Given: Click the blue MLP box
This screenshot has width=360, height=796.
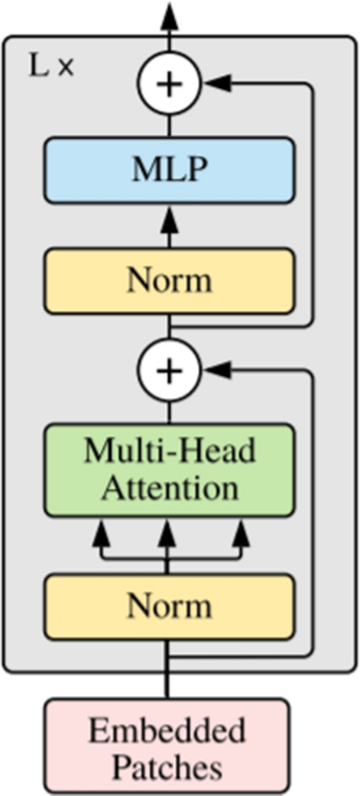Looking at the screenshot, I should pyautogui.click(x=168, y=170).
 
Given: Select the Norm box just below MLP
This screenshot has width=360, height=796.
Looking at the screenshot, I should pyautogui.click(x=168, y=280).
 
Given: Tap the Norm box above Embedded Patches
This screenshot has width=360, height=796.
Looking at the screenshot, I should pyautogui.click(x=168, y=607).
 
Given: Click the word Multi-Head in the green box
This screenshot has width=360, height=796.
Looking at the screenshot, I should pyautogui.click(x=168, y=451).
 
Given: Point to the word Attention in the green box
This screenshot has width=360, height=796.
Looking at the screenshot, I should pyautogui.click(x=168, y=486).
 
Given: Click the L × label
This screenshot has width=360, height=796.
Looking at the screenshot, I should pyautogui.click(x=51, y=66).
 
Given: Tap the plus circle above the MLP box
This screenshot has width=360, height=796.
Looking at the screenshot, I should pyautogui.click(x=168, y=83).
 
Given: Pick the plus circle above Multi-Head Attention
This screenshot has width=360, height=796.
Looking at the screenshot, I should pyautogui.click(x=168, y=370).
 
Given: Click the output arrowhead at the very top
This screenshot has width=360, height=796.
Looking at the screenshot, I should pyautogui.click(x=168, y=11).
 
